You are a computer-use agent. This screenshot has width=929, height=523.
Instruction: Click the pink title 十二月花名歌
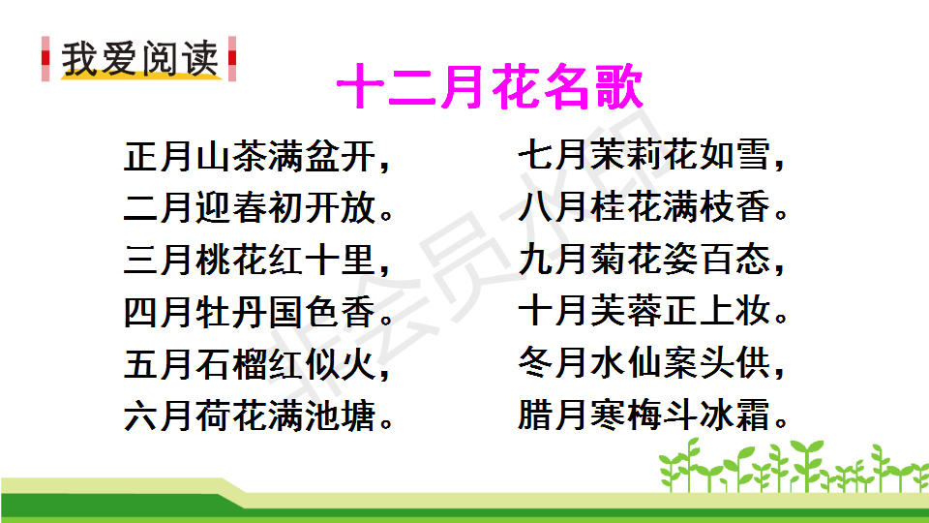490,86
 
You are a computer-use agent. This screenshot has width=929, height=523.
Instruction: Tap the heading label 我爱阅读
140,59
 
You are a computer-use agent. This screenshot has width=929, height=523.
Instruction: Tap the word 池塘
340,415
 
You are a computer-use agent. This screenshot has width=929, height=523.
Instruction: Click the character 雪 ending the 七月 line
753,155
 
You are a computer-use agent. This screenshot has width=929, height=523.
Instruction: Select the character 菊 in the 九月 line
609,260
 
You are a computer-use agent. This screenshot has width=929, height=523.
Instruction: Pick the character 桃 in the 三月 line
214,260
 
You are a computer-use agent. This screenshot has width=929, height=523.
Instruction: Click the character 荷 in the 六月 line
214,415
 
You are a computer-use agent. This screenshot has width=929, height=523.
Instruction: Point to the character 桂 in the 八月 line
609,206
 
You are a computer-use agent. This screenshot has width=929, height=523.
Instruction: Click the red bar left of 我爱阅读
45,59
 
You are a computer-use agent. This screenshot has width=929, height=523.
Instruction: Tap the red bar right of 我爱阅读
232,59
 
